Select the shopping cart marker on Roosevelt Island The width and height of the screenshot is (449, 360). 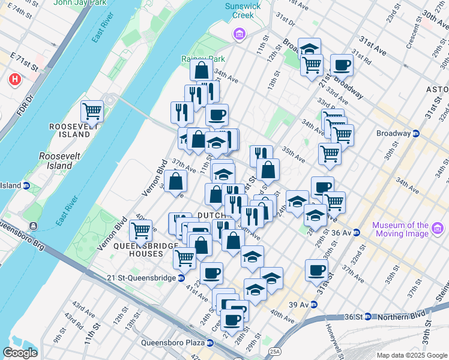point(92,111)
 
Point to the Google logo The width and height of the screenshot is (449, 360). point(20,353)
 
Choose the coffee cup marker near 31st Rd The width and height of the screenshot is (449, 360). point(342,65)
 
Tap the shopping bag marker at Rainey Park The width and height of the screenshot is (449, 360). point(201,70)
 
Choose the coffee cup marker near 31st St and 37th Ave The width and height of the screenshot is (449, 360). point(316,270)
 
